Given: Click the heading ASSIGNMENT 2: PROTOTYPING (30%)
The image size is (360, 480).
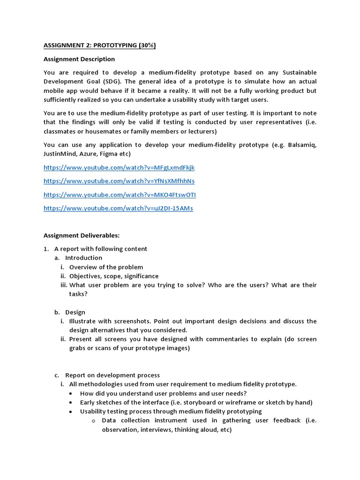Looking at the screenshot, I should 99,45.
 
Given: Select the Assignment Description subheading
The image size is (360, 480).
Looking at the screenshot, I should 79,59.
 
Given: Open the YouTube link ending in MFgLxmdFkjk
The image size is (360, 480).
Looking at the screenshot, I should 119,167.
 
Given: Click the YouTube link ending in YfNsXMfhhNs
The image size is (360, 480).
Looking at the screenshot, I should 119,181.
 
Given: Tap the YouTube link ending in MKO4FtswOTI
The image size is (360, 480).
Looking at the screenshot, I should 120,195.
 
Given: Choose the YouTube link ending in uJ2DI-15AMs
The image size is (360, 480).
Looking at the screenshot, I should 118,208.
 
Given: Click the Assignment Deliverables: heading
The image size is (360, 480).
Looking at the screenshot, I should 82,235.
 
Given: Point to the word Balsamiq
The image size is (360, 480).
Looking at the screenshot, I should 300,145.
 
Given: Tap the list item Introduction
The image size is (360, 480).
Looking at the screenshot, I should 83,258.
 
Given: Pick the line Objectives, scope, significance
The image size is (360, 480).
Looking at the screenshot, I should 114,276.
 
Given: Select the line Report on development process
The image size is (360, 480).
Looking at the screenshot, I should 112,375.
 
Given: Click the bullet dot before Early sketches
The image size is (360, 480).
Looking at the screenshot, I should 70,403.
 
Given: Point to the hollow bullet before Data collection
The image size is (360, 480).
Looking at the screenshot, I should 93,421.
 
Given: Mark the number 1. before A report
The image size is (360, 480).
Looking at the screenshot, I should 46,249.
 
